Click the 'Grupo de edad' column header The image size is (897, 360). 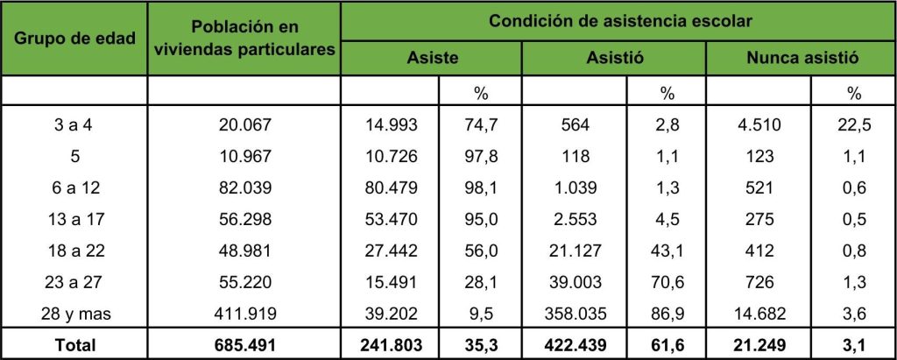[x=74, y=39]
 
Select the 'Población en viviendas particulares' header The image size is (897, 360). [x=244, y=39]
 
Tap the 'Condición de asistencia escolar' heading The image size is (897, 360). [x=619, y=20]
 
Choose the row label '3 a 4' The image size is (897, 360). [x=74, y=126]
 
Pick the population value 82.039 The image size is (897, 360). [x=244, y=187]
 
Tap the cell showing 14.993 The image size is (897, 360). [x=392, y=126]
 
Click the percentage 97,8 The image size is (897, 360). [x=481, y=157]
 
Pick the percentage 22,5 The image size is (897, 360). [x=853, y=126]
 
